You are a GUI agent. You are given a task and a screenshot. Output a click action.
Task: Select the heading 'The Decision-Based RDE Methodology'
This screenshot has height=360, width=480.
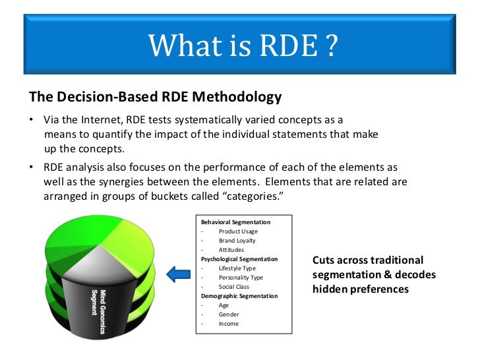coord(155,97)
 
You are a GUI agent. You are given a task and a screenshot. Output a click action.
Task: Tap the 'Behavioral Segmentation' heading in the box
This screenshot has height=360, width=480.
coord(235,222)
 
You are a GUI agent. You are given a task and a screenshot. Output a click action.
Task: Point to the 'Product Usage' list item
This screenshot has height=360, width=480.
coord(239,231)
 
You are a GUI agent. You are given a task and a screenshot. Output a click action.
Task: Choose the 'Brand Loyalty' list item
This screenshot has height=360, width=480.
coord(237,241)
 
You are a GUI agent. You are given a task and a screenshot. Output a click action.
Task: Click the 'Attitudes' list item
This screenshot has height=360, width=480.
coord(231,250)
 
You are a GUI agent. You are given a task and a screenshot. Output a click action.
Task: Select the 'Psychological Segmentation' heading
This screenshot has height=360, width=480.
coord(239,259)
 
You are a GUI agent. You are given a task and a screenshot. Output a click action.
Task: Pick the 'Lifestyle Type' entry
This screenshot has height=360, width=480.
coord(237,268)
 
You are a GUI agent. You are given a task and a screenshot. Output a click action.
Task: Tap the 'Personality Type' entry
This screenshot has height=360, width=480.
coord(241,278)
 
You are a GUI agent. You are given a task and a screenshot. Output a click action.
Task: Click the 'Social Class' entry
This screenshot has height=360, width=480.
coord(235,287)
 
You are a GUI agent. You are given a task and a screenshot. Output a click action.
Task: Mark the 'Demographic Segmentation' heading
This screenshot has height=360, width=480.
coord(238,296)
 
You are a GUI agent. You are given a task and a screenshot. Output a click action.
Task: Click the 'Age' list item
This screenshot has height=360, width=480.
coord(224,305)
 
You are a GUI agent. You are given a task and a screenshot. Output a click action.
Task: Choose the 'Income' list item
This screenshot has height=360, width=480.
coord(229,324)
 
